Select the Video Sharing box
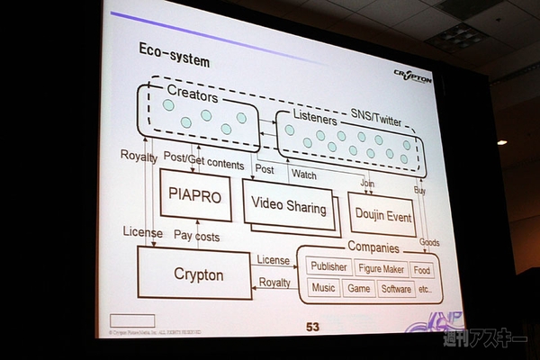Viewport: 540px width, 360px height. tap(288, 206)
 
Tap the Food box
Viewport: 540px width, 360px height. tap(422, 269)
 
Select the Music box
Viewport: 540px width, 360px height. tap(323, 289)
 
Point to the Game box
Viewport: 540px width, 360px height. tap(359, 289)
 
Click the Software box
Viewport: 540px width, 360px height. tap(396, 289)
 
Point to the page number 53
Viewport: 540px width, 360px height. tap(312, 327)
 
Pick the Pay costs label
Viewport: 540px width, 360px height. tap(195, 236)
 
